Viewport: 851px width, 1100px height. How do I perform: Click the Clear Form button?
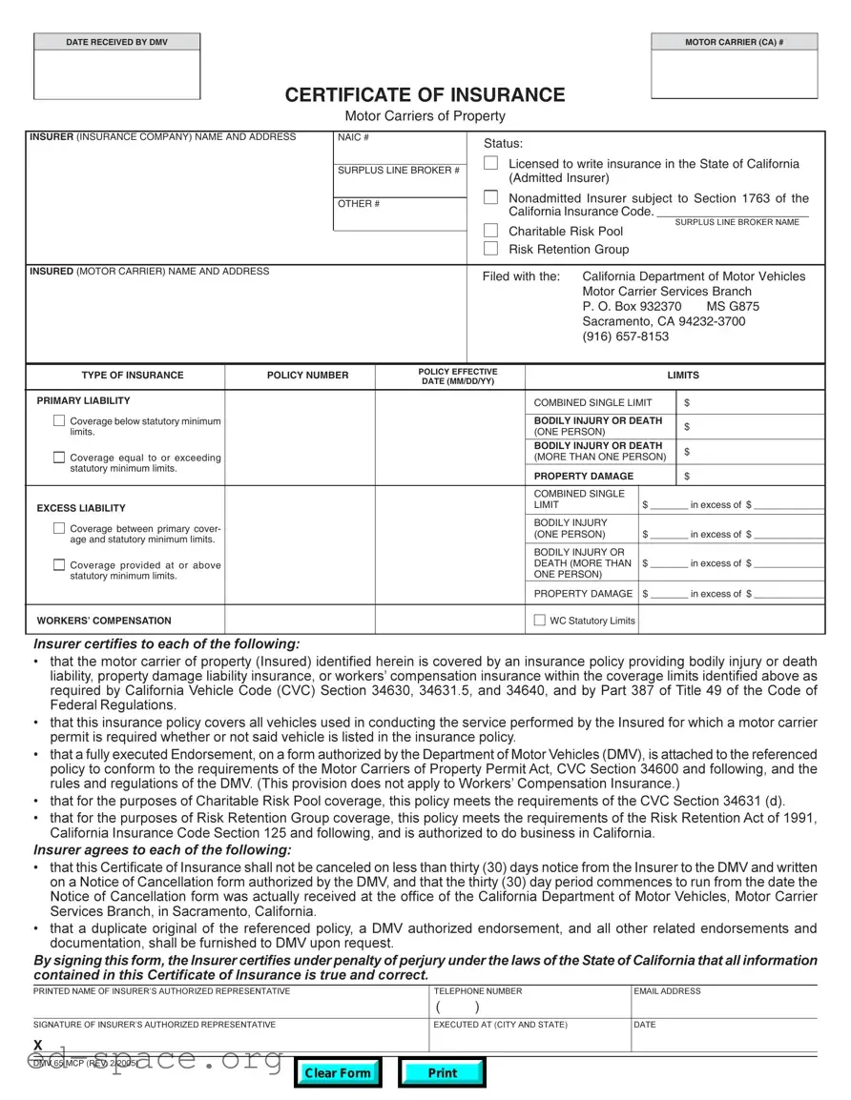(x=337, y=1073)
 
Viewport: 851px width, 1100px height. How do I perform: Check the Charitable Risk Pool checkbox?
(x=490, y=231)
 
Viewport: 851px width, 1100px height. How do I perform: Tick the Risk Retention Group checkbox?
(x=490, y=249)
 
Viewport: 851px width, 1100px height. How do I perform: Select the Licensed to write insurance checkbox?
(x=490, y=164)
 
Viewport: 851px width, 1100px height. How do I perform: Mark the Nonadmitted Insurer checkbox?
(x=490, y=198)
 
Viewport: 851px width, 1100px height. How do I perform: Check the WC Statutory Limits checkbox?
(x=539, y=621)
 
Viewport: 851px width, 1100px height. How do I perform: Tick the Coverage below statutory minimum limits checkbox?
(x=59, y=421)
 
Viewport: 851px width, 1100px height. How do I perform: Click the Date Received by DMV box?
(x=117, y=74)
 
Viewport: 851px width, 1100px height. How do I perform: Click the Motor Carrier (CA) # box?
(x=734, y=74)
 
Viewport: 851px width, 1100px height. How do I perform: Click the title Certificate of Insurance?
(x=425, y=95)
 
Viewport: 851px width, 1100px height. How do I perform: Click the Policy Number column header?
(x=307, y=376)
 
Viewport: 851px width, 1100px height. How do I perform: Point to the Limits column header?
(x=682, y=376)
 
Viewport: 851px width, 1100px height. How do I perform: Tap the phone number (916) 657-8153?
(x=625, y=336)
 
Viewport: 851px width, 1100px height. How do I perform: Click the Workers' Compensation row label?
(x=104, y=621)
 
